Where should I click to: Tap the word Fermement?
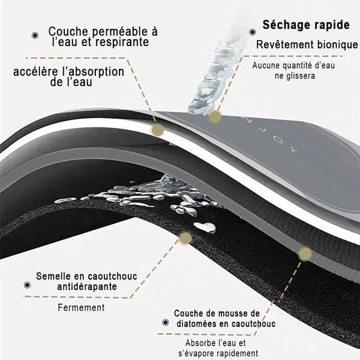82,308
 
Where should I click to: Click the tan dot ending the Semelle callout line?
185,238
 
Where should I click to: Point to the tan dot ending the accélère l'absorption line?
158,130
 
